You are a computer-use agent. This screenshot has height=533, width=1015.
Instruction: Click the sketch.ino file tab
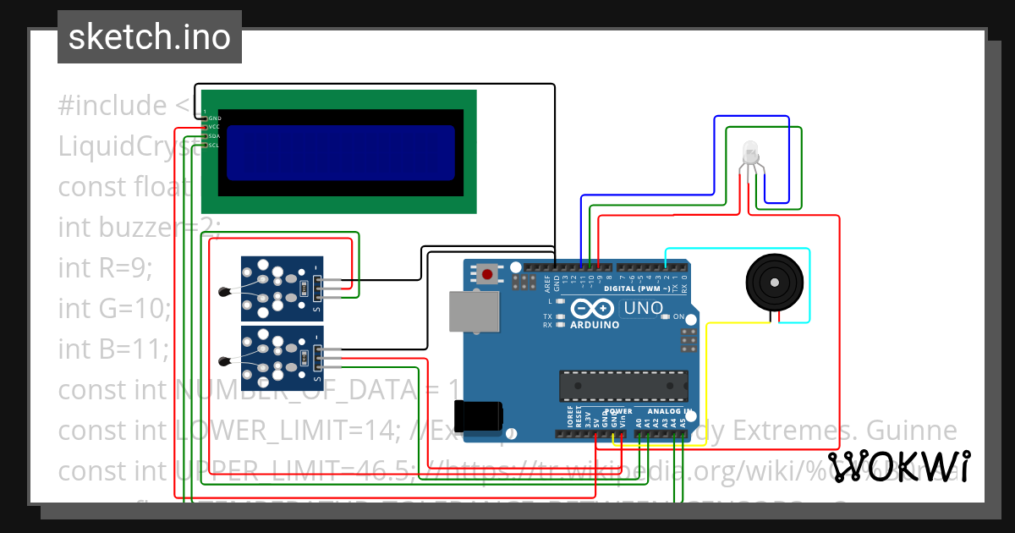point(149,37)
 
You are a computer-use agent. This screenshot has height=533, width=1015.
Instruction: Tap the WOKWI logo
point(898,466)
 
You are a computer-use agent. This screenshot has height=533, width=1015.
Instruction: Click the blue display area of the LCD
point(340,153)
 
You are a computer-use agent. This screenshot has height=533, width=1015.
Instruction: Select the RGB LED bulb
point(750,154)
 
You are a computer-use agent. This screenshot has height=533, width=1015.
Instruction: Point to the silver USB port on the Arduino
point(468,311)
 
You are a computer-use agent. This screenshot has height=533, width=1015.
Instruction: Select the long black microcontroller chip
point(623,385)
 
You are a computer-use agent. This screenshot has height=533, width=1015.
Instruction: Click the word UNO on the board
point(643,309)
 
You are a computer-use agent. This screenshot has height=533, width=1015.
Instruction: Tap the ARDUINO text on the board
point(595,325)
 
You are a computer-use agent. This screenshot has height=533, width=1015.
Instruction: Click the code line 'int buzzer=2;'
point(139,227)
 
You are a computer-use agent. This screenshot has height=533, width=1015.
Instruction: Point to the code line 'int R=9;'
point(105,267)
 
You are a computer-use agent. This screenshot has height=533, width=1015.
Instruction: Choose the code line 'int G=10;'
point(113,308)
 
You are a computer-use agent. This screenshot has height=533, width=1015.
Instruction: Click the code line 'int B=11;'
point(113,348)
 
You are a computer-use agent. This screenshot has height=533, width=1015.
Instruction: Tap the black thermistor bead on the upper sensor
point(223,293)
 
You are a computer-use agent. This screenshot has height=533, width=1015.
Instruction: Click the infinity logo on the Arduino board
point(590,309)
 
